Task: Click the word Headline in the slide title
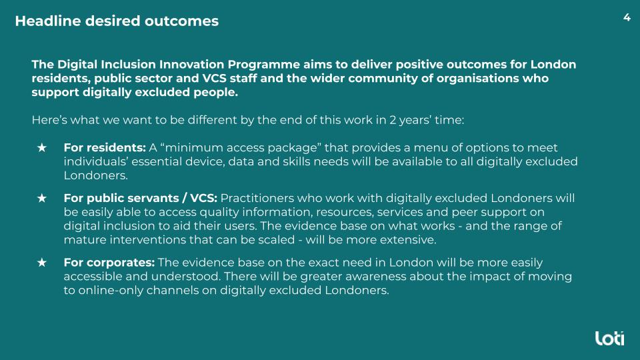tap(48, 21)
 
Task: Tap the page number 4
tap(627, 17)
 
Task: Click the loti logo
tap(609, 339)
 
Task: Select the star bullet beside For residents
tap(42, 147)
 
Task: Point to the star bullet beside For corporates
tap(42, 263)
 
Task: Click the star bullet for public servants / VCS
tap(42, 198)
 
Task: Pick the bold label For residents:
tap(105, 147)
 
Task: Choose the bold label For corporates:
tap(109, 263)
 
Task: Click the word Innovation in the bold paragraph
tap(191, 65)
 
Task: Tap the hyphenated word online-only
tap(111, 290)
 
